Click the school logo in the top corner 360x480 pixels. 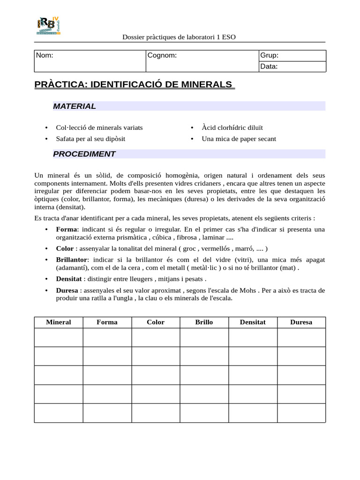click(48, 26)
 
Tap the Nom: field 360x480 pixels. click(90, 61)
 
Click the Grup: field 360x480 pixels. click(292, 56)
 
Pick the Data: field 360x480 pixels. click(292, 67)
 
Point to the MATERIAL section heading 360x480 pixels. click(75, 106)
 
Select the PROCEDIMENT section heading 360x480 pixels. click(84, 154)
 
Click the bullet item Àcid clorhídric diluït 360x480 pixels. click(232, 127)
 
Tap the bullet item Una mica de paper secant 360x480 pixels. click(239, 139)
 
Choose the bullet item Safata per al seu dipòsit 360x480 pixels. click(90, 139)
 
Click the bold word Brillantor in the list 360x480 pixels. click(72, 260)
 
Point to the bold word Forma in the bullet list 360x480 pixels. click(66, 229)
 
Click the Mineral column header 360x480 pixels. click(59, 322)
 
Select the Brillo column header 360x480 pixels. click(204, 322)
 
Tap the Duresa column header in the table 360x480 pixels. click(301, 322)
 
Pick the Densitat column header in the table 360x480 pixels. click(253, 322)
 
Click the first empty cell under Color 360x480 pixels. click(156, 337)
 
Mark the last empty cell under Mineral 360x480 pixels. click(59, 413)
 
